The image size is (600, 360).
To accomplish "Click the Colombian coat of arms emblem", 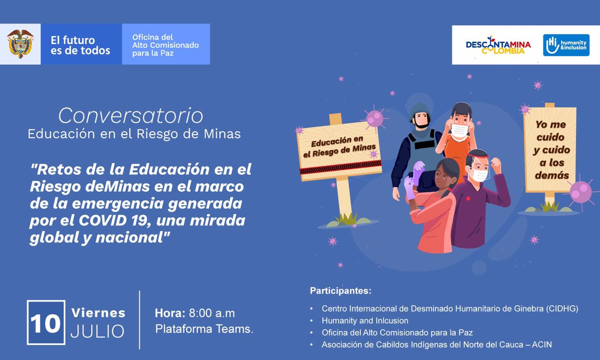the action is tap(20, 44).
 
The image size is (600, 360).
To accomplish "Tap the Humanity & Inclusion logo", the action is tap(566, 45).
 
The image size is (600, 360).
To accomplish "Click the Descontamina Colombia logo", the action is tap(498, 45).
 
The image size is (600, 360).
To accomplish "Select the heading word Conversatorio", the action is tap(131, 115).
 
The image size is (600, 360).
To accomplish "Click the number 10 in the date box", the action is tap(45, 323).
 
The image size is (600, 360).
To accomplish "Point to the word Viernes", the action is tap(98, 313).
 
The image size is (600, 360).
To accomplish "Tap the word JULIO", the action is tap(97, 331).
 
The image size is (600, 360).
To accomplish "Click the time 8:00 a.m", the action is tap(212, 313).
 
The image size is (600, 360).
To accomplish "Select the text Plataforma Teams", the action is tap(204, 329).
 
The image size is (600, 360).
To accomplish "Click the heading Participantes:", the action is tap(341, 291).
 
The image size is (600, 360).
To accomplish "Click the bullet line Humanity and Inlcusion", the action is tap(365, 321).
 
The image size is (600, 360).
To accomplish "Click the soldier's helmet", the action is tap(420, 112).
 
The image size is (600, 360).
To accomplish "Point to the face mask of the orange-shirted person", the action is tap(460, 131).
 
